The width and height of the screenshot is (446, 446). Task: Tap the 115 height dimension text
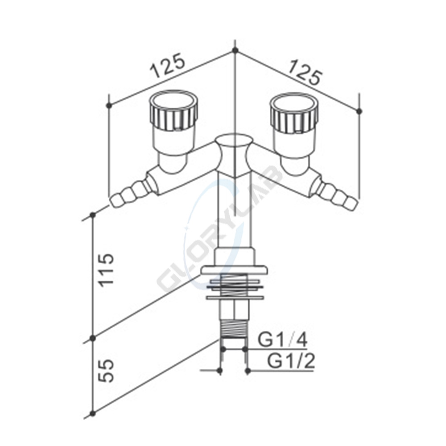click(x=107, y=271)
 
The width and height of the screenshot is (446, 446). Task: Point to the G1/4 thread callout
click(x=283, y=341)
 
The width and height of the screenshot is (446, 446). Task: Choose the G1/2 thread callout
click(x=291, y=361)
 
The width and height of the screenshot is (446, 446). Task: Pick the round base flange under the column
click(x=233, y=269)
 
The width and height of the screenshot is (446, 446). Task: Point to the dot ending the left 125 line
click(x=109, y=105)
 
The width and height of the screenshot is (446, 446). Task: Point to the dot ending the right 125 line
click(x=360, y=110)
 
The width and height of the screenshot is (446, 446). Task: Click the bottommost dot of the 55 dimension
click(x=93, y=413)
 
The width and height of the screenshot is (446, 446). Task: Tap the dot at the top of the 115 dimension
click(x=93, y=215)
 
